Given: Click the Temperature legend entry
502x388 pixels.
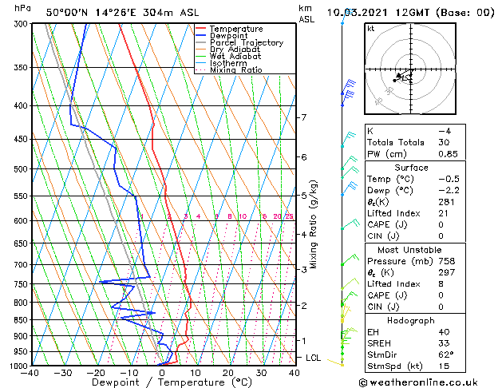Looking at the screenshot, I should pos(235,29).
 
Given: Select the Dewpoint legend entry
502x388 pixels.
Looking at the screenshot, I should pos(230,36).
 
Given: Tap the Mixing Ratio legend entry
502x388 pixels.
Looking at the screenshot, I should pos(235,70).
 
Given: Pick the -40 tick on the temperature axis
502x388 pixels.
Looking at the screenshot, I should pos(31,373).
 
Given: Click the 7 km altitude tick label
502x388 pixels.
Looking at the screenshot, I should pos(303,117).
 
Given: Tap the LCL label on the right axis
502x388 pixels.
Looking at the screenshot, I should pos(314,358).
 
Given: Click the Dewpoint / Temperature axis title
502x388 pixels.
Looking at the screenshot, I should pos(162,383).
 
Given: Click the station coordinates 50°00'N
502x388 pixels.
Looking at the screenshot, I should pos(66,12).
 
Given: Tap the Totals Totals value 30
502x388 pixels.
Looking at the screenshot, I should pos(444,142).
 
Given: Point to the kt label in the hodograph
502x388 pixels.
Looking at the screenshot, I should pos(371,29).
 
